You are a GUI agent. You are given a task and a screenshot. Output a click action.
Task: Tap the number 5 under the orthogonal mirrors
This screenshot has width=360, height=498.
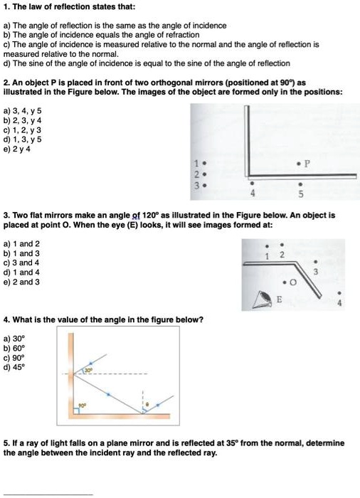(302, 193)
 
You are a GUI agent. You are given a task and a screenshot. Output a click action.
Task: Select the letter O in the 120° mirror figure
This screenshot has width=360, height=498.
(293, 290)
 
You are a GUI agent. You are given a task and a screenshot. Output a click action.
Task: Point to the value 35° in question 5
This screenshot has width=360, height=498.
(232, 443)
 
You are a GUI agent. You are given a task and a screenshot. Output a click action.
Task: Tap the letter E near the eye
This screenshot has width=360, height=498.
(279, 301)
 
